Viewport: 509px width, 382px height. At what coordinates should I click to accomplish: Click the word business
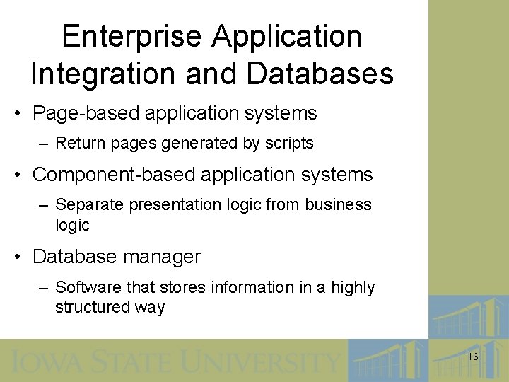click(x=338, y=205)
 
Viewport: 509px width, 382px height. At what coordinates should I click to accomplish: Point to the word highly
click(x=352, y=287)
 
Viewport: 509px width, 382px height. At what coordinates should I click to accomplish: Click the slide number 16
click(x=473, y=357)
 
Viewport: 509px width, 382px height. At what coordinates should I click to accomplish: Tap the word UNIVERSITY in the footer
click(x=261, y=361)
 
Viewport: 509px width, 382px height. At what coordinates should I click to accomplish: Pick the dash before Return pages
click(x=44, y=144)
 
